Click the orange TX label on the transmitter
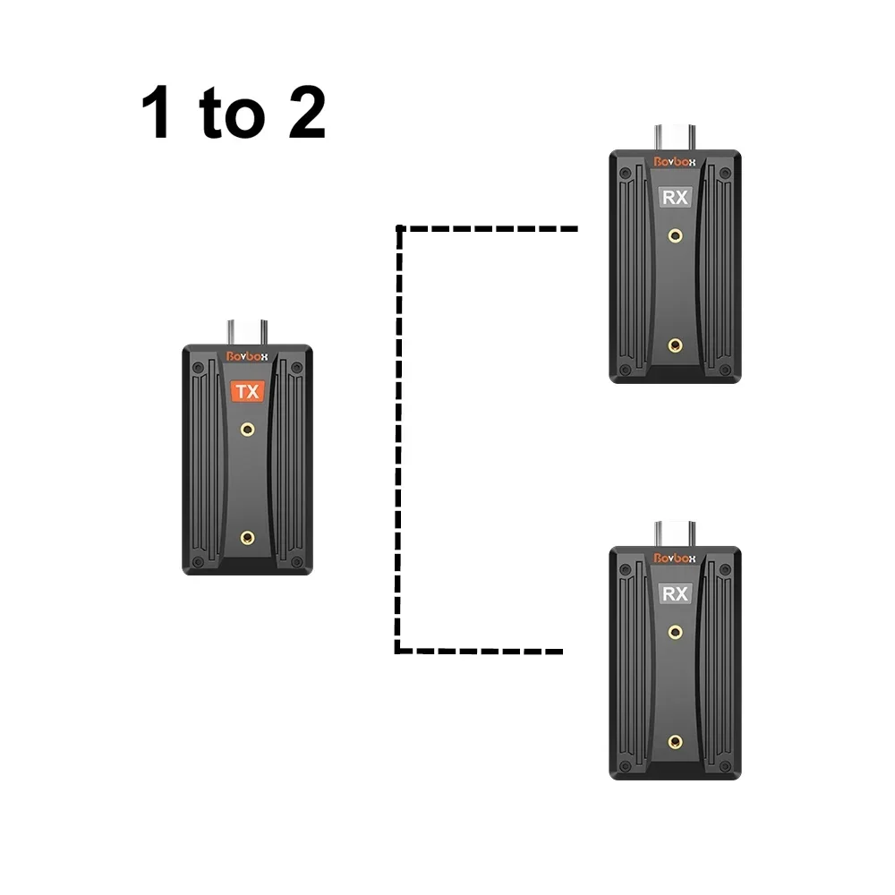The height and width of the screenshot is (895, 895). [247, 392]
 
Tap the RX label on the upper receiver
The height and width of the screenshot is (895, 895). [675, 197]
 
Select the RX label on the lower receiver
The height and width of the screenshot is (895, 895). [675, 592]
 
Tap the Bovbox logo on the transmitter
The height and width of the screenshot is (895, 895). [247, 355]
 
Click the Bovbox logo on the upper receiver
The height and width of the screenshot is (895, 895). [675, 162]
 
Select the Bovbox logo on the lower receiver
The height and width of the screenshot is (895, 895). [675, 558]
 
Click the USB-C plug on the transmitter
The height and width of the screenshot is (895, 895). [248, 330]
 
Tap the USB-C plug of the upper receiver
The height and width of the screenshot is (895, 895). [675, 136]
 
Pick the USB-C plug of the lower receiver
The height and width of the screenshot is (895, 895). [675, 533]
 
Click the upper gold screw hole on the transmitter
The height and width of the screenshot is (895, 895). [248, 430]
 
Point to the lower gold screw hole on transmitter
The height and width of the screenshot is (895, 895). [248, 538]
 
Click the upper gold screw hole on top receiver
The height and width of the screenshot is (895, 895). [675, 236]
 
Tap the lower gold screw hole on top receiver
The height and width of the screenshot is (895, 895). [675, 345]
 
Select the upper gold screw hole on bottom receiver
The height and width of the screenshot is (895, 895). [675, 632]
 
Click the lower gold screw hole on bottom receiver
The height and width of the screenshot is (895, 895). [675, 740]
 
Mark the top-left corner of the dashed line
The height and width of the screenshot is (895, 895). [398, 229]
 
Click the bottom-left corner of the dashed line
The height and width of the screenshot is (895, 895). [398, 651]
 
